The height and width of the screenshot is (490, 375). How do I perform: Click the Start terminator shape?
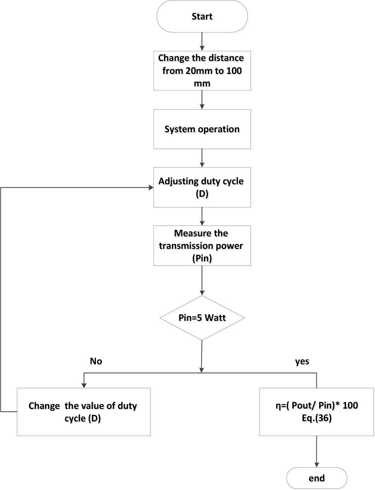click(202, 16)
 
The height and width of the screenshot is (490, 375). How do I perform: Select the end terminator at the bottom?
click(317, 478)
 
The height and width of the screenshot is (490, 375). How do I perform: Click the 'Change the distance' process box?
click(202, 70)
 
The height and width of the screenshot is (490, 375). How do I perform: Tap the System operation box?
click(202, 129)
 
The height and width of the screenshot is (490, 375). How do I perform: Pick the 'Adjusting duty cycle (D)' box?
click(202, 187)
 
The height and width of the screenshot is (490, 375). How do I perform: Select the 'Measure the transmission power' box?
click(202, 245)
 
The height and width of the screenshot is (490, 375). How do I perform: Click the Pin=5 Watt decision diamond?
click(202, 317)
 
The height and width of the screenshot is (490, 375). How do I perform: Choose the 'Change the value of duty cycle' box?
click(83, 412)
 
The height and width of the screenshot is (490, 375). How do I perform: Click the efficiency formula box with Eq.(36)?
click(316, 412)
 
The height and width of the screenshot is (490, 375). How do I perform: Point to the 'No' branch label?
click(96, 361)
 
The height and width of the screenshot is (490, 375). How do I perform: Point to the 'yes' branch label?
click(302, 361)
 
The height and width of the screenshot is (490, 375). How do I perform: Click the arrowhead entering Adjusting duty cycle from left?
click(151, 187)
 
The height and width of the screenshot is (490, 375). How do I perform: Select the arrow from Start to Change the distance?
click(202, 41)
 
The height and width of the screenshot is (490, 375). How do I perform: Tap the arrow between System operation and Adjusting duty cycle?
click(202, 158)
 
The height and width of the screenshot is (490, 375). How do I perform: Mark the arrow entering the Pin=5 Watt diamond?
click(202, 281)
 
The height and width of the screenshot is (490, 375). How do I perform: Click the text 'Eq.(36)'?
click(316, 418)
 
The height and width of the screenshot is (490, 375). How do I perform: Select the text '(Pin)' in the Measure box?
click(202, 258)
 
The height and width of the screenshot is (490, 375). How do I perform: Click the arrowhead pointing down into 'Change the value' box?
click(84, 385)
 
